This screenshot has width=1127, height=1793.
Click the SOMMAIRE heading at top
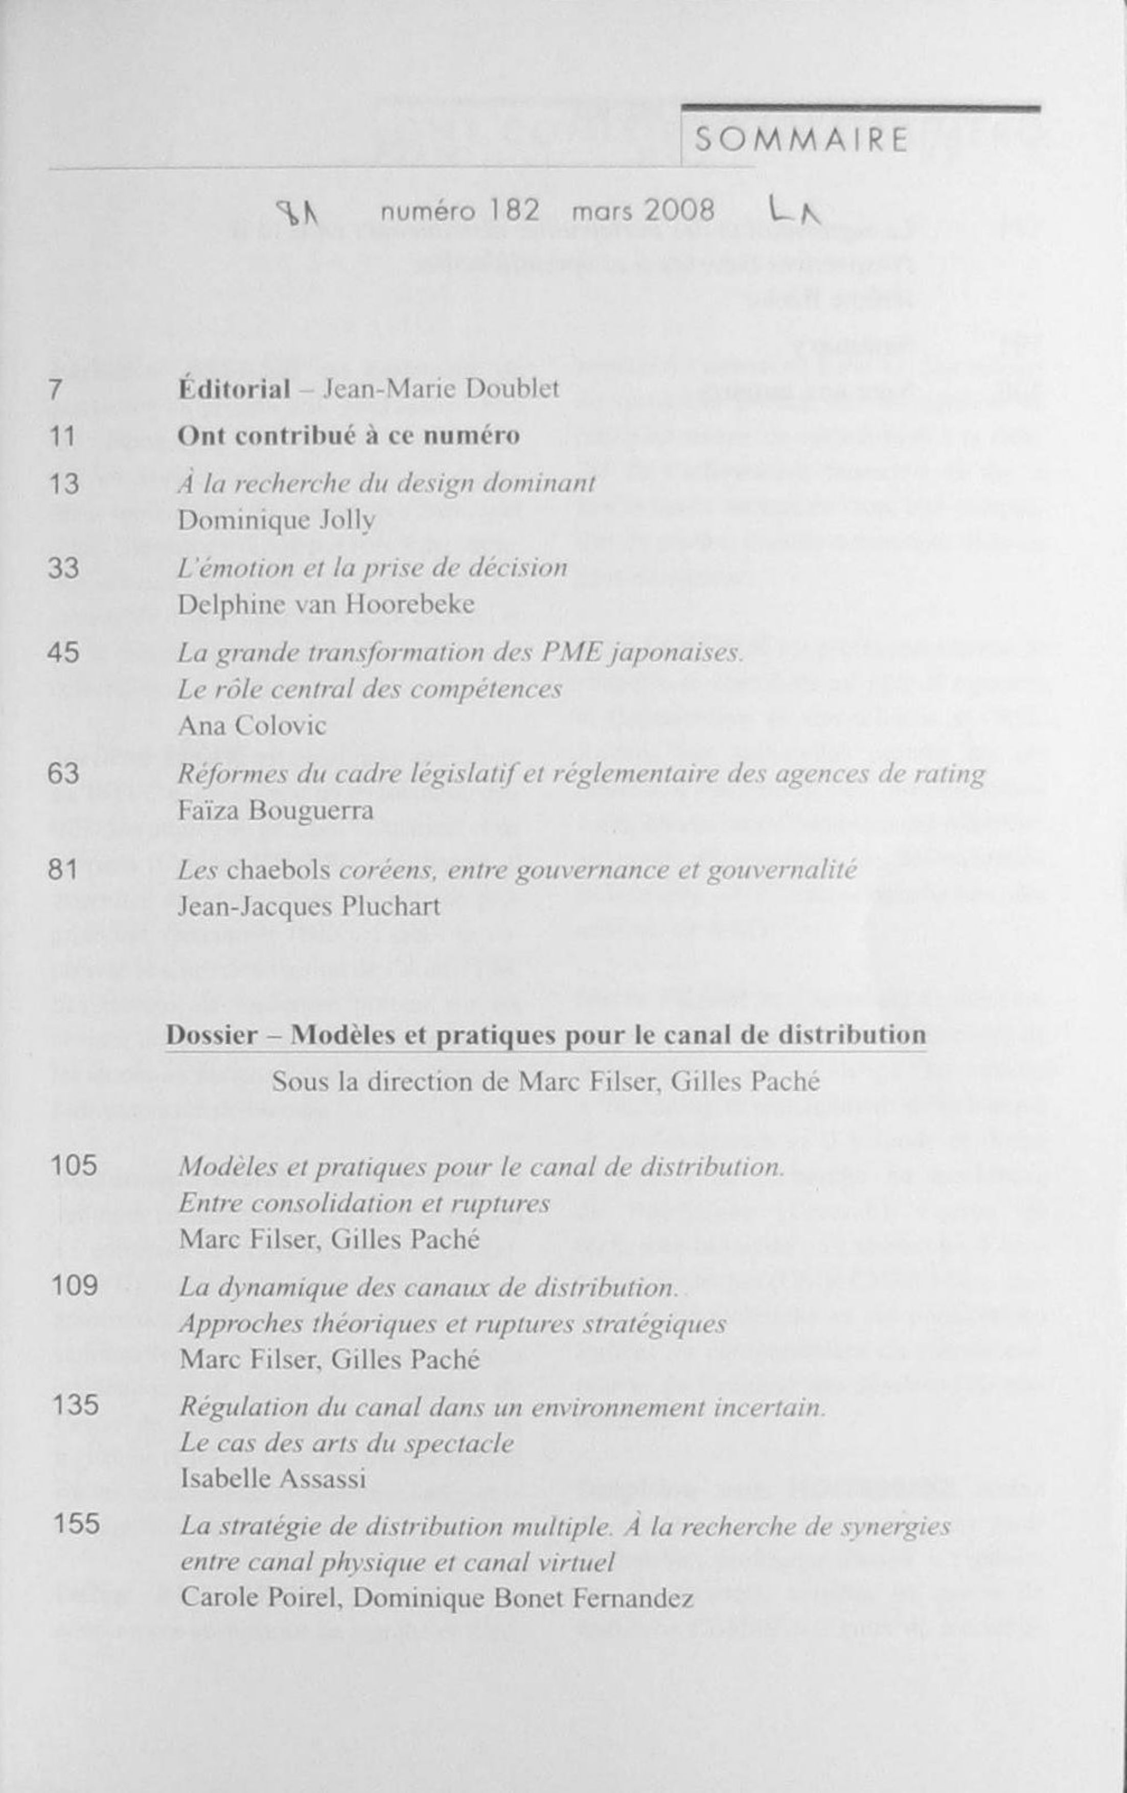(x=801, y=141)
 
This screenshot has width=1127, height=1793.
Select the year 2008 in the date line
(x=679, y=211)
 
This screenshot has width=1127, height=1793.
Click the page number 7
(x=54, y=389)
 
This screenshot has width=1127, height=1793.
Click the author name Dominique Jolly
(x=275, y=520)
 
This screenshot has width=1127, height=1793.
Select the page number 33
(x=63, y=568)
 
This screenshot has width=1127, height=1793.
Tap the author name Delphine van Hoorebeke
(x=325, y=604)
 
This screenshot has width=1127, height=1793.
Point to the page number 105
(x=75, y=1166)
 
